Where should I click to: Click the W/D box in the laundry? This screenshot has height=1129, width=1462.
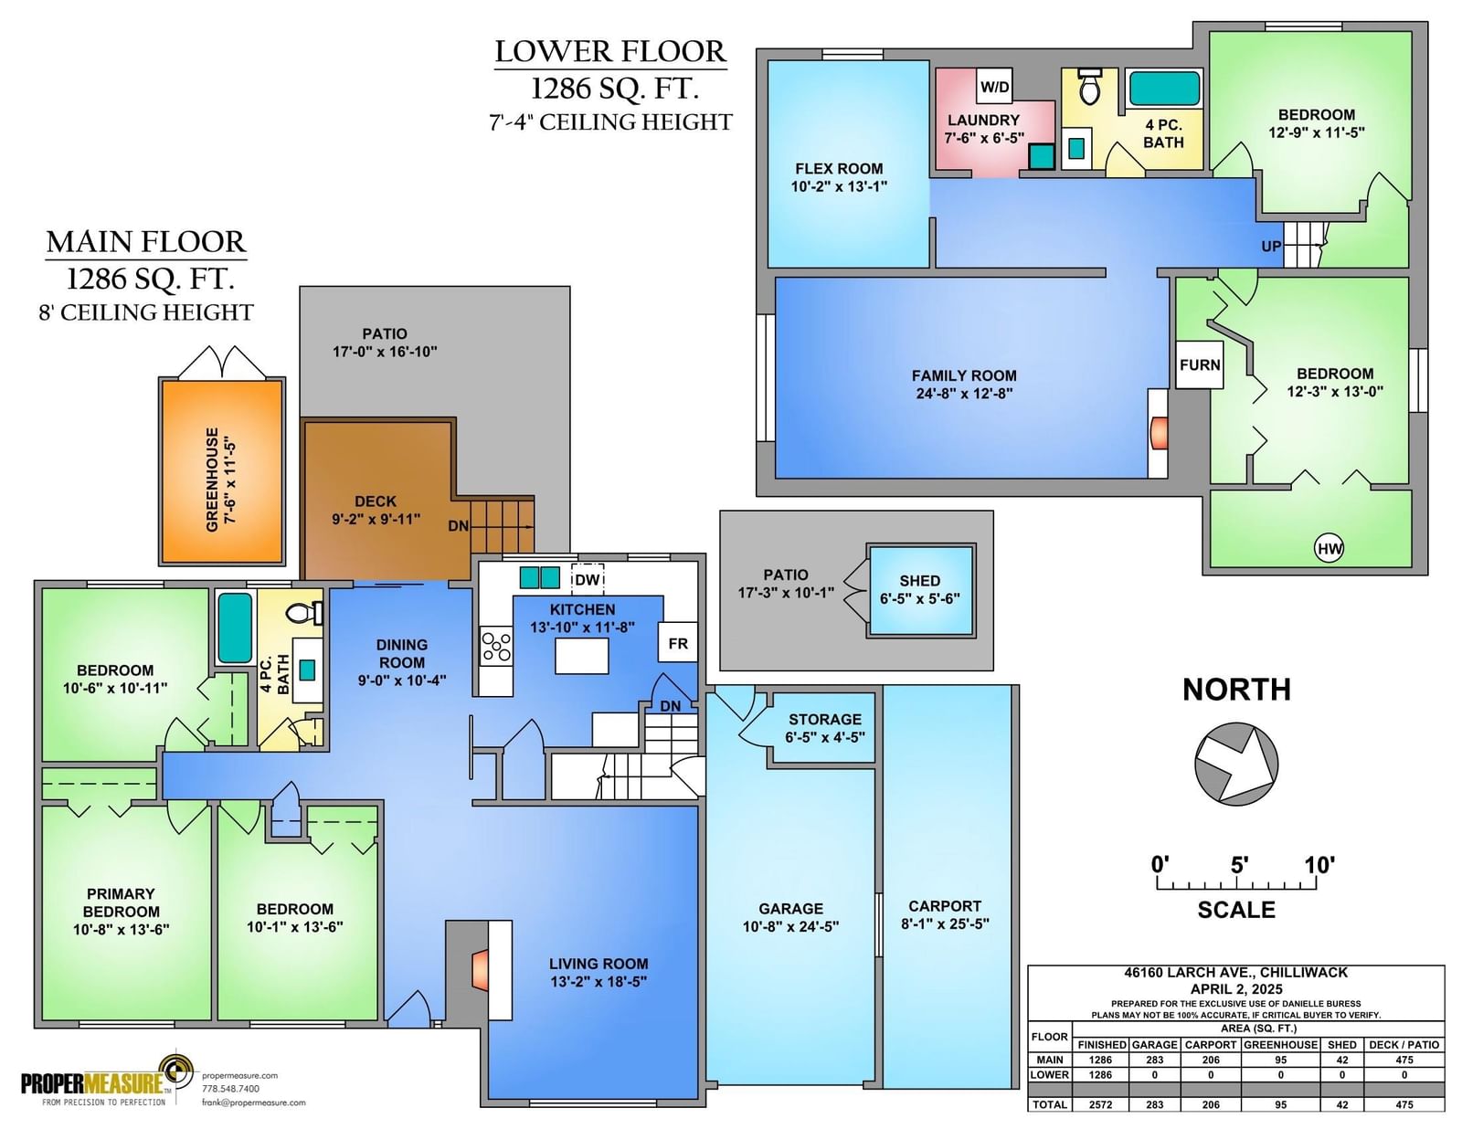coord(994,86)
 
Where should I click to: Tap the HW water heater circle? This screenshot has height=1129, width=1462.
coord(1329,549)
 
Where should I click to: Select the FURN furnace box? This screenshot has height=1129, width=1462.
coord(1200,364)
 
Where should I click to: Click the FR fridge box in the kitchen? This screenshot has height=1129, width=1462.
coord(677,643)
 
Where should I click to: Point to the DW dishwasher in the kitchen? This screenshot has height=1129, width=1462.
coord(588,580)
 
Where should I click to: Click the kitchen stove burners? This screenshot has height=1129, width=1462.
coord(496,646)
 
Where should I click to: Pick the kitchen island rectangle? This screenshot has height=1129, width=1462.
coord(581,656)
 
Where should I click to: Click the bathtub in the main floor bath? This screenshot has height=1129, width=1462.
coord(235,628)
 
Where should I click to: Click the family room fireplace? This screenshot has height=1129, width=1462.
coord(1158,433)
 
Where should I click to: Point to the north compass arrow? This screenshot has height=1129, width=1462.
coord(1236,764)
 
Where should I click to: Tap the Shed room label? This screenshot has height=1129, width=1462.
coord(919,589)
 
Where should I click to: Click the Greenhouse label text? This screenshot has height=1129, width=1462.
coord(220,480)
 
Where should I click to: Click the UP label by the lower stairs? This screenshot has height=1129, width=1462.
coord(1270,246)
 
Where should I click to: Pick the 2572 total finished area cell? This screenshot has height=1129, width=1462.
coord(1101,1104)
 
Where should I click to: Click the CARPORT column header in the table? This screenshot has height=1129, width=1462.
coord(1211,1044)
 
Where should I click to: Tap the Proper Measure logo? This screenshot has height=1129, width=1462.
coord(108,1081)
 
